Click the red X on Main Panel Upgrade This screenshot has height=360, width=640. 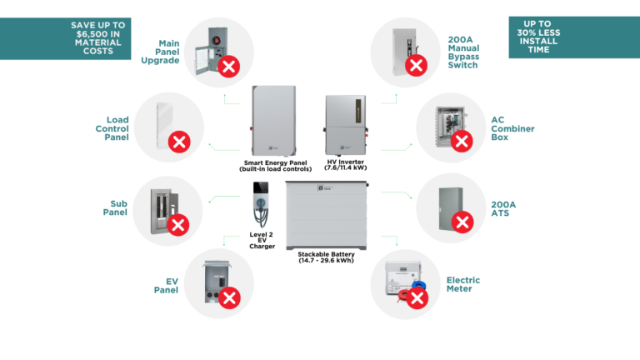click(228, 67)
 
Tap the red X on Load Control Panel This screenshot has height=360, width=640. click(178, 141)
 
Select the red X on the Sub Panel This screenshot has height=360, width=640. click(177, 224)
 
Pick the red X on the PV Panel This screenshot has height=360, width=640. click(229, 297)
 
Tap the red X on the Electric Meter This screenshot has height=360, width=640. click(417, 297)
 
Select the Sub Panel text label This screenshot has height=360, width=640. click(114, 207)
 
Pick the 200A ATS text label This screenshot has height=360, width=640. click(503, 208)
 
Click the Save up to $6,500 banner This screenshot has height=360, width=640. click(67, 38)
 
